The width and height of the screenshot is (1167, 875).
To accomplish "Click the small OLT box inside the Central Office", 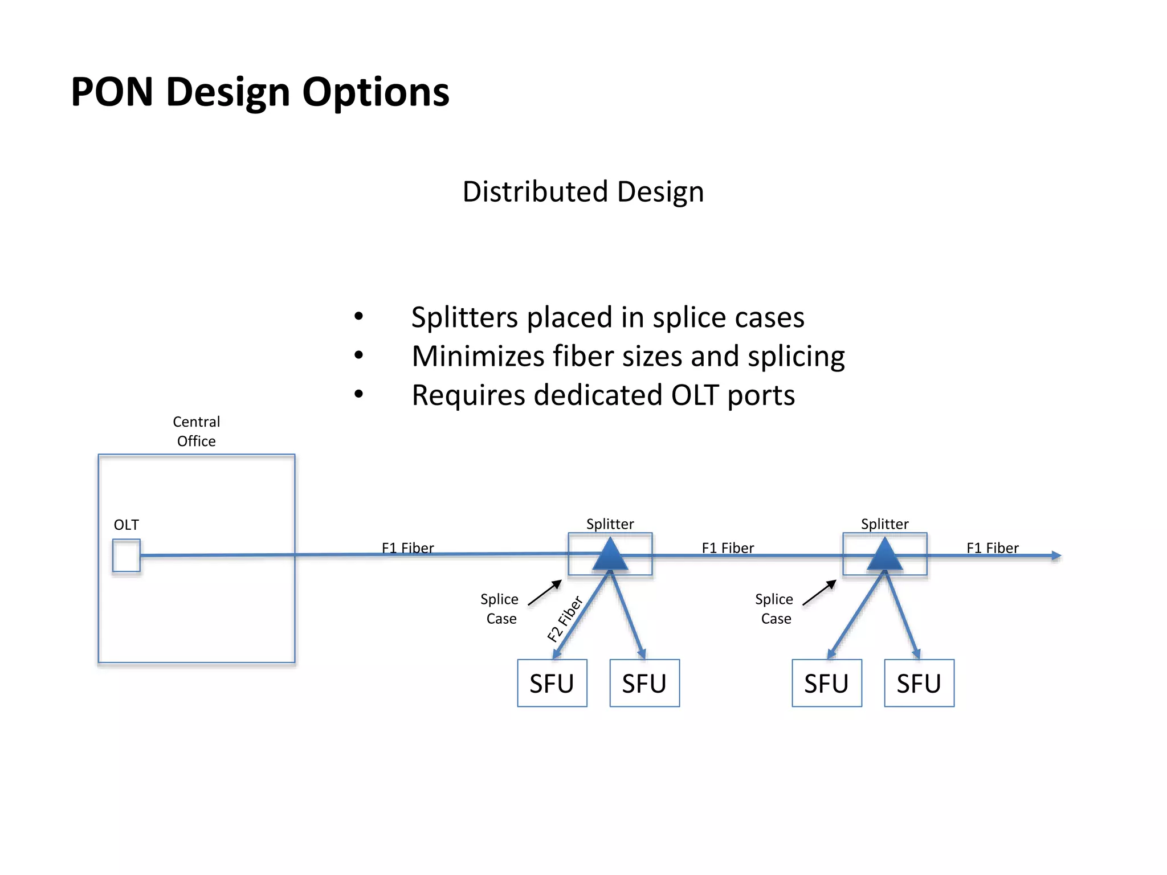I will [126, 555].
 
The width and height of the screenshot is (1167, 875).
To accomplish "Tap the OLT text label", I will [126, 525].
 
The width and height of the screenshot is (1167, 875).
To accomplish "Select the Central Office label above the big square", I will [196, 431].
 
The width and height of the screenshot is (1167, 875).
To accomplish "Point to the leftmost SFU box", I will [552, 683].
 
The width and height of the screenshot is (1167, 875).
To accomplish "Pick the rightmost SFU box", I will [919, 683].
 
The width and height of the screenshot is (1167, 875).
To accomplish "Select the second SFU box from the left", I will [644, 683].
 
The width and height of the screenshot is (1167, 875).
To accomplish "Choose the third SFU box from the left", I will [826, 683].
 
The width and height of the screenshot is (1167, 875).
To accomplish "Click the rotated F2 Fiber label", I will [565, 619].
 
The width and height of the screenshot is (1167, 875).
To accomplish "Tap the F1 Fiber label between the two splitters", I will [728, 547].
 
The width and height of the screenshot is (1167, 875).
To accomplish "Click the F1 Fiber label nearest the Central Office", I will [407, 547].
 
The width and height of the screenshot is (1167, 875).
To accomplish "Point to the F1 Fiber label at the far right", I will [992, 547].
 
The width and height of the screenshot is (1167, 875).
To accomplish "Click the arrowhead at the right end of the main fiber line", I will [1056, 555].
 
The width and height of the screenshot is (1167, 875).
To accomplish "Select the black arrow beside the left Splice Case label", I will [545, 592].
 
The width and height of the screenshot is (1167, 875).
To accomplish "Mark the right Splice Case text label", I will [774, 608].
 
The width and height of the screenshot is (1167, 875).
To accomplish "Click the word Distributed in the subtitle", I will [535, 191].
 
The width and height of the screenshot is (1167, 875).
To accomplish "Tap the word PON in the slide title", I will [112, 92].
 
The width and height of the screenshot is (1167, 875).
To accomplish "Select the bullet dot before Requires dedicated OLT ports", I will [358, 394].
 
